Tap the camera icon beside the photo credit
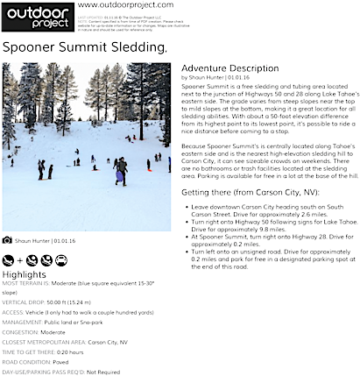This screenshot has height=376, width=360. (7, 239)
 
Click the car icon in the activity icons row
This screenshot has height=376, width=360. (61, 259)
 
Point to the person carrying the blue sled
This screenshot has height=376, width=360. (120, 169)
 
